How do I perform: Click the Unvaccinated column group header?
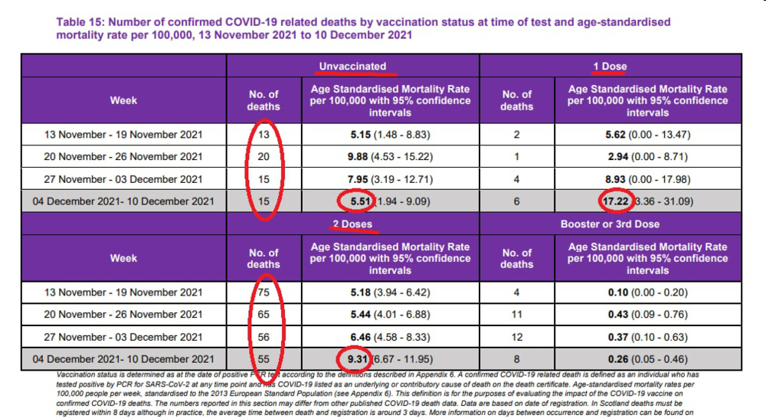(x=353, y=66)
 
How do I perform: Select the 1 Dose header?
(x=610, y=66)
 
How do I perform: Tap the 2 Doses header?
(x=353, y=224)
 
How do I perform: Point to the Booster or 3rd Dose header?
(x=610, y=224)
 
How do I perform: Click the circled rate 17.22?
(x=611, y=202)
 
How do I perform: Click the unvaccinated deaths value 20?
(x=264, y=157)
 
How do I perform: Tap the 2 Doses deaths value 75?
(x=264, y=292)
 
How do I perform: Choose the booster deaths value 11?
(x=516, y=315)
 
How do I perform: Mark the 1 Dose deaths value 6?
(x=516, y=202)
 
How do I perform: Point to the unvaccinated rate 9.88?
(x=354, y=157)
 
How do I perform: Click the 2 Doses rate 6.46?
(x=354, y=337)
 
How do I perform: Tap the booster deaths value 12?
(x=516, y=337)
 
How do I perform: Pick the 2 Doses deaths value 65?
(x=264, y=315)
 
